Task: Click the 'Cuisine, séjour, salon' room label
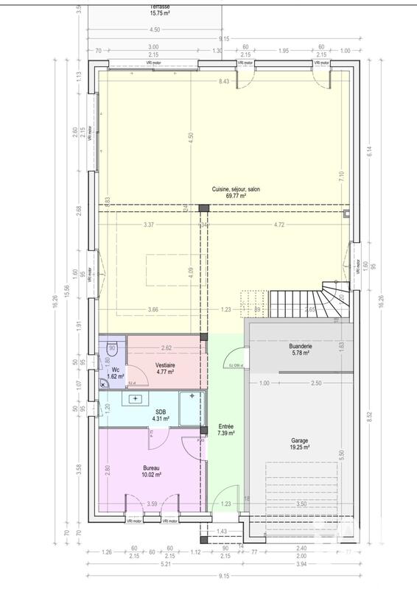coord(236,188)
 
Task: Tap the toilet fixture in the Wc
coord(112,349)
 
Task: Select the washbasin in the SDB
coord(136,399)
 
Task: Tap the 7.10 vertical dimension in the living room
coord(341,175)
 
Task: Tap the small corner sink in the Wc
coord(104,383)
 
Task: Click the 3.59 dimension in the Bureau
coord(153,504)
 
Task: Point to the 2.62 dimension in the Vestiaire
coord(167,348)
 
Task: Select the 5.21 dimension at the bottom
coord(154,565)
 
